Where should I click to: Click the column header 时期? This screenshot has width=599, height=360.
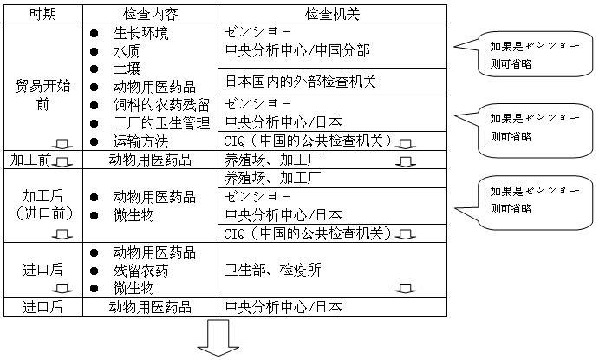tap(42, 14)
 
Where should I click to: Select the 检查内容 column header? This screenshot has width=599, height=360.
tap(150, 14)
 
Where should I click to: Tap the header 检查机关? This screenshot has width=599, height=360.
tap(332, 14)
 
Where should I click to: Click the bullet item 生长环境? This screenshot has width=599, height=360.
tap(140, 33)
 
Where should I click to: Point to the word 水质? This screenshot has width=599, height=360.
tap(127, 51)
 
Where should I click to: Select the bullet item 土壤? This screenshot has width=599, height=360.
tap(127, 69)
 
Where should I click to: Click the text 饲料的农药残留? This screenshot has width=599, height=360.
tap(161, 105)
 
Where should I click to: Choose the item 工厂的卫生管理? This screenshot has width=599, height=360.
tap(161, 123)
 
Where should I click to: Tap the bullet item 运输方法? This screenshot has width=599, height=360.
tap(140, 141)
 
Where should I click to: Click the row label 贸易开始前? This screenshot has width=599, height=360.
tap(42, 95)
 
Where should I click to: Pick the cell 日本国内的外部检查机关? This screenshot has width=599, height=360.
tap(301, 82)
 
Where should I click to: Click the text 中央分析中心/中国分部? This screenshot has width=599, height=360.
tap(297, 50)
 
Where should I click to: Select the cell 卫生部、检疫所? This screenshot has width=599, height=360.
tap(273, 270)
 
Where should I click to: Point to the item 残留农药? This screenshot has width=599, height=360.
tap(140, 271)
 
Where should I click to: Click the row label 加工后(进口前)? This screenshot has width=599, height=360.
tap(42, 205)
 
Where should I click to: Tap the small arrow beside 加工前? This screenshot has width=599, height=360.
tap(62, 163)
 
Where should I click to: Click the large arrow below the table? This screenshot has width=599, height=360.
tap(218, 337)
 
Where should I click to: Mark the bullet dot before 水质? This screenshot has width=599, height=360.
tap(94, 51)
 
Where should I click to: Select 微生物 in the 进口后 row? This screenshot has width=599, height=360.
tap(133, 288)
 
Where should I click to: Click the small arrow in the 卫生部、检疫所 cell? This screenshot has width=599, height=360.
tap(406, 289)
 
